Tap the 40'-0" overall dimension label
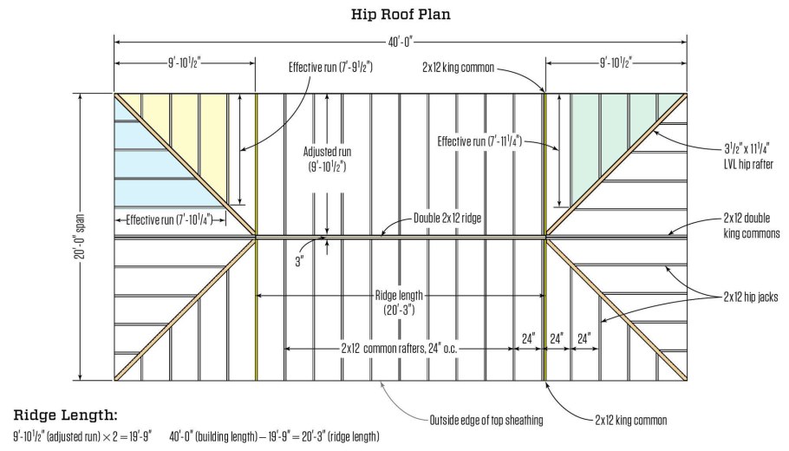pyautogui.click(x=400, y=40)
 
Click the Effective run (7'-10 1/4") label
pyautogui.click(x=171, y=219)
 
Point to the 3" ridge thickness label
pyautogui.click(x=297, y=259)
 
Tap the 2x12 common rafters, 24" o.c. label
pyautogui.click(x=399, y=349)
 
